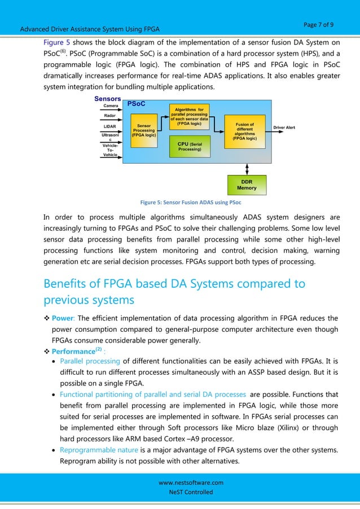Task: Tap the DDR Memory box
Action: click(x=247, y=185)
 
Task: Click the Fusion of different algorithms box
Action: click(x=244, y=131)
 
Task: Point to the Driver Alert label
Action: click(x=285, y=128)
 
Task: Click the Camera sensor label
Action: click(x=111, y=106)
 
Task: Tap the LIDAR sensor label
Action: click(x=111, y=126)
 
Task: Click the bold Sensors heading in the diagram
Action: click(x=108, y=98)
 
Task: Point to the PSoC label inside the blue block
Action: click(x=136, y=104)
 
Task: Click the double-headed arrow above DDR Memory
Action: click(x=247, y=169)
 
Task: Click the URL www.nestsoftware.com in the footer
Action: click(x=191, y=482)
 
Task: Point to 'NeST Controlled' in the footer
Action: click(x=191, y=493)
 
